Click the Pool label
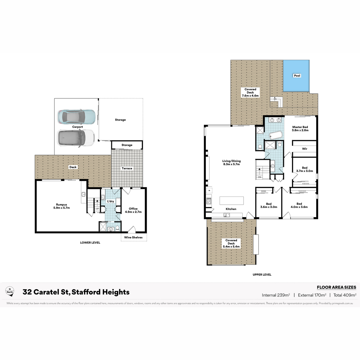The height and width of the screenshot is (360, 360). point(297,76)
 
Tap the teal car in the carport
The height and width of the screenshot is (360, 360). point(76,117)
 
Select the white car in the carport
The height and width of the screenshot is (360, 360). point(76,138)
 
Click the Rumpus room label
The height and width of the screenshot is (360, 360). point(61,206)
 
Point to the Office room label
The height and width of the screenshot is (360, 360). point(133,210)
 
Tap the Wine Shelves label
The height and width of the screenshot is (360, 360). point(133,237)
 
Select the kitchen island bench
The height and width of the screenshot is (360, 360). point(232,201)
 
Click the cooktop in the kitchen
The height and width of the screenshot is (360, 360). point(209,201)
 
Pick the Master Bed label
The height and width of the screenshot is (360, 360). point(300,128)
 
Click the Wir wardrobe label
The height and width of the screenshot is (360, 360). point(304,149)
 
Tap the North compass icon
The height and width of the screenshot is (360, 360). point(10,291)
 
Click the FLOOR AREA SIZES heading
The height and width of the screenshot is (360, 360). point(337,287)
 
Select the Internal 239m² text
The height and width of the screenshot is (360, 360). point(276,295)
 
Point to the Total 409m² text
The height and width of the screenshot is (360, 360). point(345,295)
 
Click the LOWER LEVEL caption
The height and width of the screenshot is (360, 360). point(90,242)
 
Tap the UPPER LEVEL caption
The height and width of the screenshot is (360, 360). point(262,274)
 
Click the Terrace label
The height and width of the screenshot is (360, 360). point(127,168)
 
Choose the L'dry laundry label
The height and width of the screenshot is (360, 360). point(110,201)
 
